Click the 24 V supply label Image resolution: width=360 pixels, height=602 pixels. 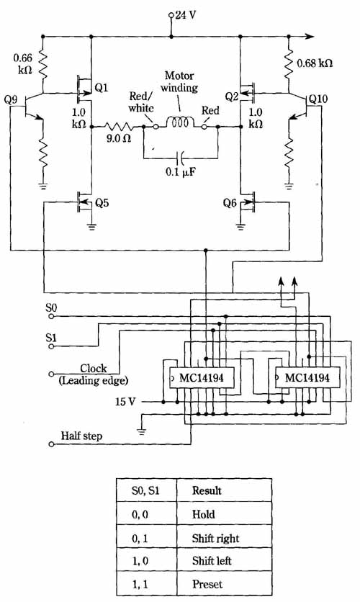[186, 15]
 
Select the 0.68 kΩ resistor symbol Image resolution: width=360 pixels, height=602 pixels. [289, 63]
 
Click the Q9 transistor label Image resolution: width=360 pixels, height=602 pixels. [11, 100]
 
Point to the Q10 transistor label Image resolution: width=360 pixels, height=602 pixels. [318, 99]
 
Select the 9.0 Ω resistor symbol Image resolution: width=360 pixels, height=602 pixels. [118, 126]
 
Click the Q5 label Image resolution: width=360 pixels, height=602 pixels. [102, 203]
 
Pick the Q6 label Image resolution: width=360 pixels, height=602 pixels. [230, 202]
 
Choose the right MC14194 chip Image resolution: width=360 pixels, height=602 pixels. [307, 378]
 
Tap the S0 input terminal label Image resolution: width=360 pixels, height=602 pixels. [51, 308]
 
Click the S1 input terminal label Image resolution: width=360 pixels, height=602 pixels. [51, 338]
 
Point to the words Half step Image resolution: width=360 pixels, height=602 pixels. [82, 436]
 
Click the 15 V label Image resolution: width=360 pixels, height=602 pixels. [125, 402]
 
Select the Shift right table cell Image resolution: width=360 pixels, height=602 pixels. [224, 538]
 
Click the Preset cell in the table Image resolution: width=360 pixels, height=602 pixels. [224, 584]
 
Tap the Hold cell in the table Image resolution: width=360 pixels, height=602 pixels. [224, 514]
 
